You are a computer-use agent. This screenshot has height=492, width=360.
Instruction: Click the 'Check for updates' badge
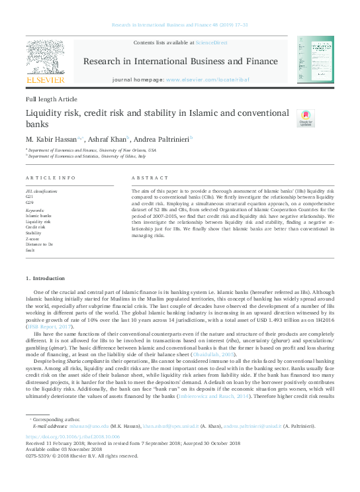click(x=305, y=119)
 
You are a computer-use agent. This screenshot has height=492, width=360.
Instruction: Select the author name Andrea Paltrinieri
click(x=161, y=140)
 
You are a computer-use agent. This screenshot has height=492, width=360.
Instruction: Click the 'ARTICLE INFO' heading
click(x=50, y=178)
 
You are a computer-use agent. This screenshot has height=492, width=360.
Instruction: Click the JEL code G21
click(x=29, y=197)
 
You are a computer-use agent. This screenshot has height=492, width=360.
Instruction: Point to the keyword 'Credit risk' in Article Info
click(x=35, y=227)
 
